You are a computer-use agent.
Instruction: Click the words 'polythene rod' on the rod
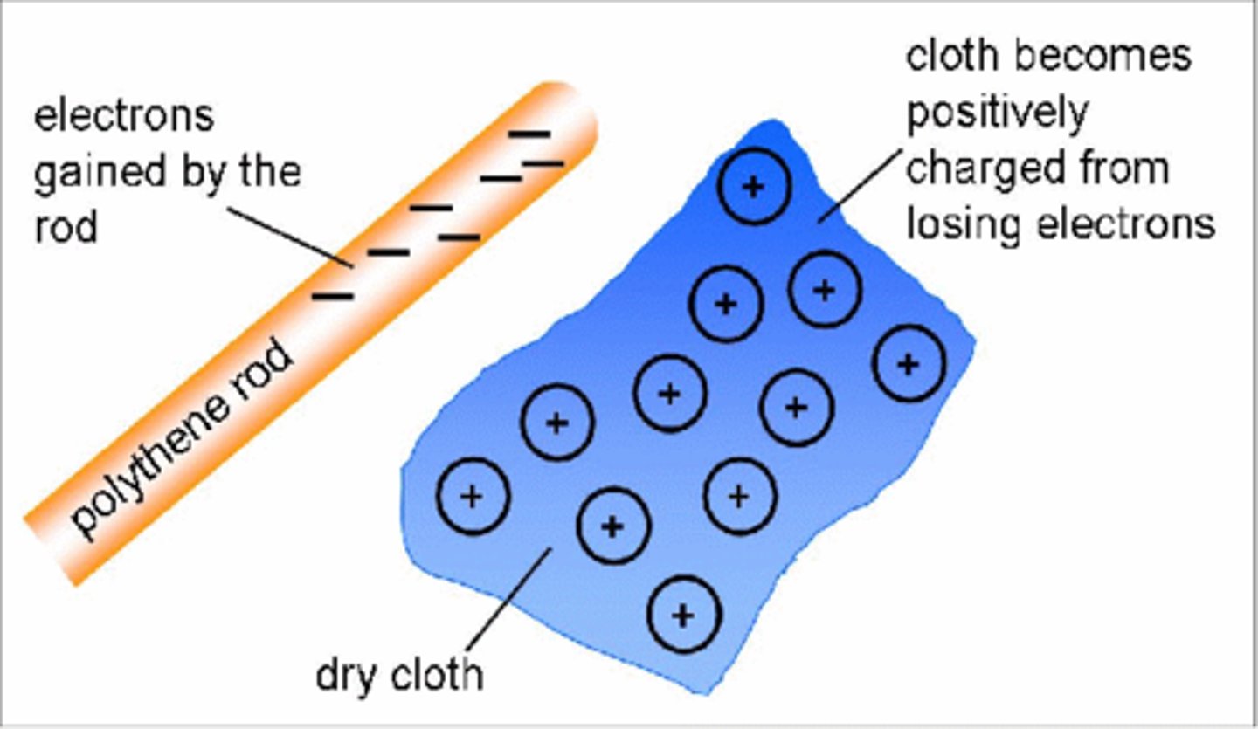[x=183, y=441]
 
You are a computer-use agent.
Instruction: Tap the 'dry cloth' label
[x=399, y=675]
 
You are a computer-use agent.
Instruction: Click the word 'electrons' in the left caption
[x=123, y=116]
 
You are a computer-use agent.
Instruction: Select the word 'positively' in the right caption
[x=997, y=113]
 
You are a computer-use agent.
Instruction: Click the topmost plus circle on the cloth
[x=753, y=186]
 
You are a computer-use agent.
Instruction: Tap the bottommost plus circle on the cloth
[x=683, y=615]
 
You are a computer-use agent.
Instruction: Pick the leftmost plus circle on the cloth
[x=472, y=497]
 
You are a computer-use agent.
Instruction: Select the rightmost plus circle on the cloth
[x=909, y=363]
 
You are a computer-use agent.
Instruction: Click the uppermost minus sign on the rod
[x=529, y=134]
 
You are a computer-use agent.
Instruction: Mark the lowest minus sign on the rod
[x=333, y=296]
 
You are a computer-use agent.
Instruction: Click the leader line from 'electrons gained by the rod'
[x=288, y=236]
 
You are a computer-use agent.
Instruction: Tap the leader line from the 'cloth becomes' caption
[x=861, y=183]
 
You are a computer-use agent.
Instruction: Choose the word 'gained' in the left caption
[x=86, y=172]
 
